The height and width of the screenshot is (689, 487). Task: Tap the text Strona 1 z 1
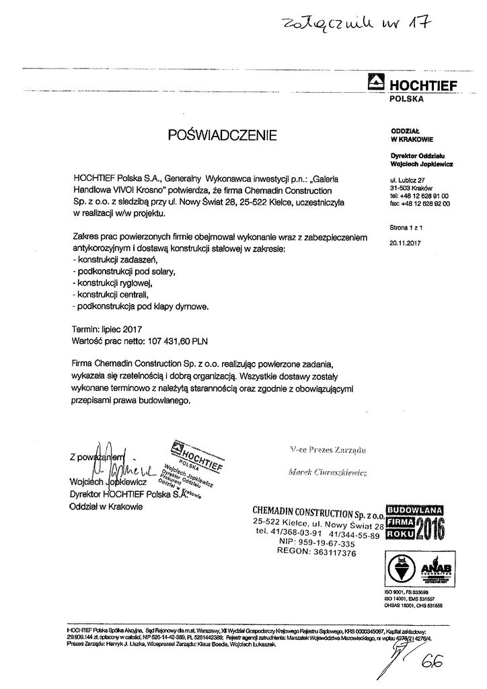coord(404,229)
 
